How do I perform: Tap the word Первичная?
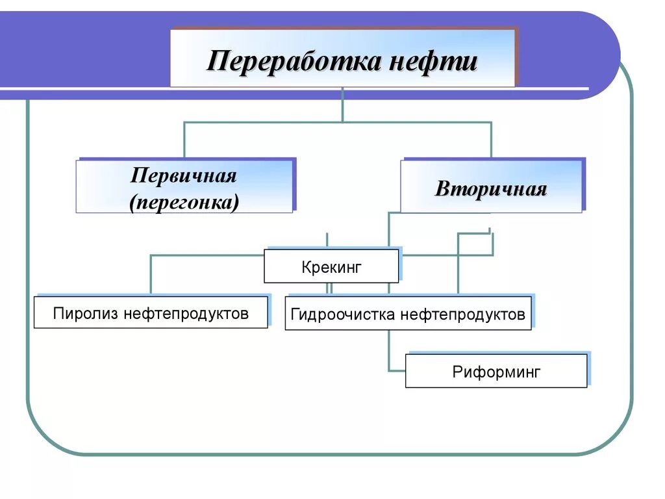pos(184,175)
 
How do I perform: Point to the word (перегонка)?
pos(184,202)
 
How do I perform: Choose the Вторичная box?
pos(491,188)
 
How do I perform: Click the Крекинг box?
pos(331,266)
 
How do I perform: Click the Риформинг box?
pos(496,372)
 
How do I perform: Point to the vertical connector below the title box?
pos(342,104)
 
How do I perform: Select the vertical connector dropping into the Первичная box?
pos(184,140)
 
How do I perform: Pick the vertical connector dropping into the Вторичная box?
pos(491,140)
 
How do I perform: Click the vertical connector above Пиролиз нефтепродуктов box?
pos(151,274)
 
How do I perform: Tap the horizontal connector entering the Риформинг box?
pos(397,371)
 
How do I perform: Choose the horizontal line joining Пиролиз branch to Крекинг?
pos(207,255)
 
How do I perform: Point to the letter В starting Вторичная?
pos(442,189)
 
